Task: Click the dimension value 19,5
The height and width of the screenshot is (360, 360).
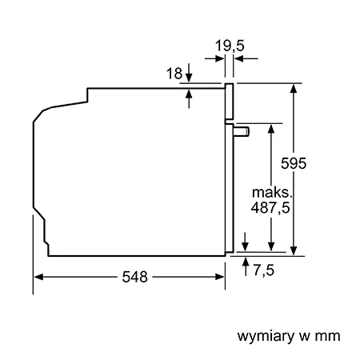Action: (x=230, y=46)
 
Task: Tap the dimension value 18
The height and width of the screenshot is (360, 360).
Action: (x=174, y=74)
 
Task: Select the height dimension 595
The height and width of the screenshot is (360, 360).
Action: (x=294, y=163)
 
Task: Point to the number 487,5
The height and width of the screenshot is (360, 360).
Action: (x=270, y=207)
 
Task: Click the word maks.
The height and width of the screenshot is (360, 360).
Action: (x=272, y=192)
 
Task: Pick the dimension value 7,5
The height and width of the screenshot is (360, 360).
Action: (x=263, y=270)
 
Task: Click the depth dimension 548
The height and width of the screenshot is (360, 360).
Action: (x=134, y=277)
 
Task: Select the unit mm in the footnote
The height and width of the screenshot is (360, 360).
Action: (x=327, y=336)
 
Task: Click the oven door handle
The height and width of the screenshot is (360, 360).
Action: (x=242, y=132)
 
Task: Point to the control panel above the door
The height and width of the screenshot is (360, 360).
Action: (x=229, y=102)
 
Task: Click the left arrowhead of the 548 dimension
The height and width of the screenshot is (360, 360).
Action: (x=39, y=277)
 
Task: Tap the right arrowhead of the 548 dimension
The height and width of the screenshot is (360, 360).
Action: (x=220, y=277)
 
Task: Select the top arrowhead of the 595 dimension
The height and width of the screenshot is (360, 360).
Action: (x=294, y=89)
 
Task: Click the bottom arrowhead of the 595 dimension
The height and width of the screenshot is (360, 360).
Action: (x=294, y=251)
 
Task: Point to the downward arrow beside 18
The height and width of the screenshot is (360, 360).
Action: (x=189, y=73)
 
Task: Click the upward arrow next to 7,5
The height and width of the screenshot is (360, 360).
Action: (x=246, y=266)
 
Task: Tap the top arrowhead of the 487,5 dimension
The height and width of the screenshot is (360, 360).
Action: (x=271, y=129)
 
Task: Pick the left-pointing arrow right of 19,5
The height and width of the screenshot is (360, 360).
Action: (x=246, y=58)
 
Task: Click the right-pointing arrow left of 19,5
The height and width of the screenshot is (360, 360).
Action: (x=214, y=58)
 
